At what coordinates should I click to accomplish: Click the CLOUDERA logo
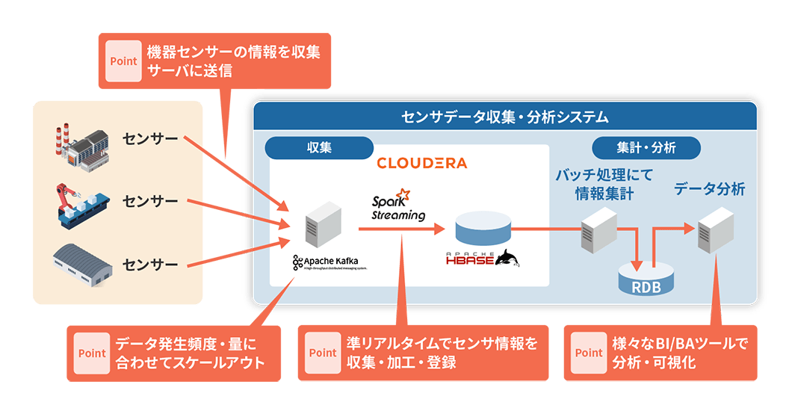click(421, 163)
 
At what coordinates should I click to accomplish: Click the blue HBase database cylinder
click(483, 227)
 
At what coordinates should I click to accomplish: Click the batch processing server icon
click(599, 229)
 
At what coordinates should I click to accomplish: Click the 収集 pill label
click(319, 148)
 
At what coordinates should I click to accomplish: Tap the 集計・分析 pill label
click(646, 148)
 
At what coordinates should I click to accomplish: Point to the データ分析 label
click(709, 189)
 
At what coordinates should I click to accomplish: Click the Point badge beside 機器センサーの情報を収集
click(123, 61)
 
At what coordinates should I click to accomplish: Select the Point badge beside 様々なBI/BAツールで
click(589, 353)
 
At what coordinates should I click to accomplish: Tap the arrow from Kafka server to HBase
click(403, 229)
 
